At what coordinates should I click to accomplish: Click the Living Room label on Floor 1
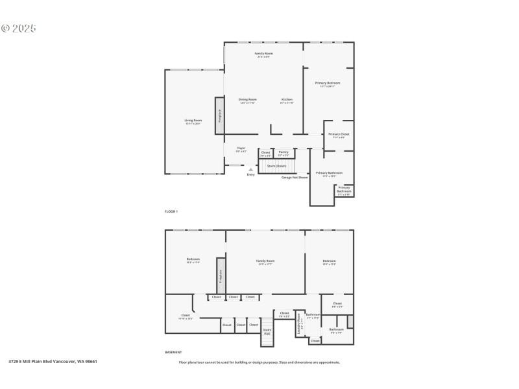193,121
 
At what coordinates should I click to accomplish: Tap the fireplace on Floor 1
220,116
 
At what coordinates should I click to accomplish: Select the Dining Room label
248,100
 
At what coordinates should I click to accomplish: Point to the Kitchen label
287,100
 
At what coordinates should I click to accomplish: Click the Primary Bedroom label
328,84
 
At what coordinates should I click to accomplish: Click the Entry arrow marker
251,170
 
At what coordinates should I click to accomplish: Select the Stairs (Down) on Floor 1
275,166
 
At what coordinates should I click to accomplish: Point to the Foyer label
241,149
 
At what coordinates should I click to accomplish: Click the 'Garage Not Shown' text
295,177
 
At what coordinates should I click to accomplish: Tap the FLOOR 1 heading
171,212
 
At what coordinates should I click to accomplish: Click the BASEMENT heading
173,352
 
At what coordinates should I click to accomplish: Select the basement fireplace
220,277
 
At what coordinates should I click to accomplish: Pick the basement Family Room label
265,262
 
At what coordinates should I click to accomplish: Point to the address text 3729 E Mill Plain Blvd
53,362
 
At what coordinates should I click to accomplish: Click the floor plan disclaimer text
259,362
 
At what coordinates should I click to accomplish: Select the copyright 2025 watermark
19,29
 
